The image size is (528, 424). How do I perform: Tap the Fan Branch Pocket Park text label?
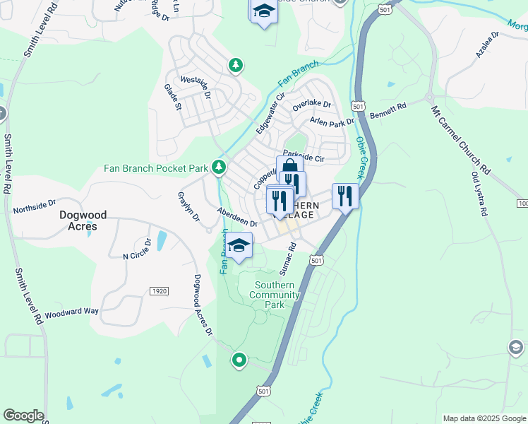[x=156, y=168]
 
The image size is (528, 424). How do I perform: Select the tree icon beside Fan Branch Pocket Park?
[x=220, y=167]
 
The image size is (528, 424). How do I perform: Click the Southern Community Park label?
[x=275, y=295]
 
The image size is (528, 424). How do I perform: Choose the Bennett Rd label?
[x=389, y=111]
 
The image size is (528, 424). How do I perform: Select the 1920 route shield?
[x=159, y=290]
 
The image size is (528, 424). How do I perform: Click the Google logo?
[x=23, y=416]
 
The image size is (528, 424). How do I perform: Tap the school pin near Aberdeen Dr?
[x=239, y=245]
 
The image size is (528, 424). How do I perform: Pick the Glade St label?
[x=173, y=97]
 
